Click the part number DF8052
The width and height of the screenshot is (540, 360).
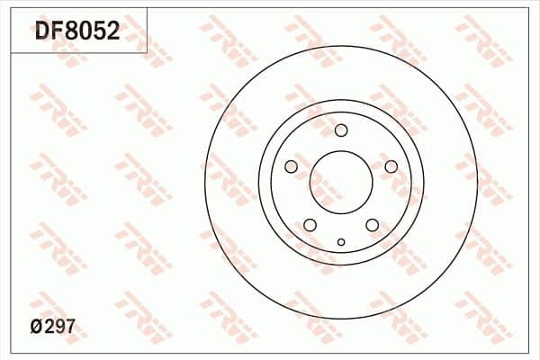(x=76, y=32)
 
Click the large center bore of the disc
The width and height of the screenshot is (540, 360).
(x=340, y=183)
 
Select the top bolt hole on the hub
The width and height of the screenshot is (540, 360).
(x=340, y=130)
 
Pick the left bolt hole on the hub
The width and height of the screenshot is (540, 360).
(x=291, y=166)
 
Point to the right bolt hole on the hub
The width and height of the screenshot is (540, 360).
(x=391, y=166)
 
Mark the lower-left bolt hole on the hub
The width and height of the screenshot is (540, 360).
(x=310, y=225)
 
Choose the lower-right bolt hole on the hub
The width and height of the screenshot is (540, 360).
(x=372, y=225)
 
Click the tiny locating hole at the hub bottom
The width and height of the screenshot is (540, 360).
(x=340, y=241)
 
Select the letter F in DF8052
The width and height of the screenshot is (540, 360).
(x=58, y=32)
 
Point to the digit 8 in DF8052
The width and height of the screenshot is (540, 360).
(x=72, y=32)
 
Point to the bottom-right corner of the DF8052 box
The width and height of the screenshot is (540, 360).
(x=148, y=52)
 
